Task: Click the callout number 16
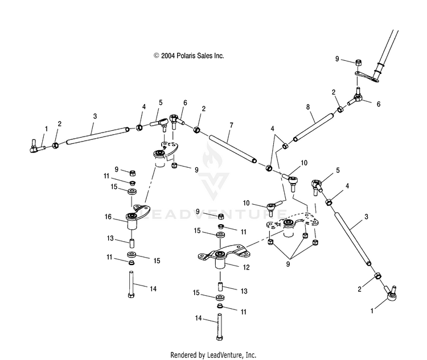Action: [108, 217]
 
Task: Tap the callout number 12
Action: [246, 267]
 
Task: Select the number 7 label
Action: [232, 125]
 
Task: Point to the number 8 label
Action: [308, 107]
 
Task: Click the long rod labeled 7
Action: [232, 149]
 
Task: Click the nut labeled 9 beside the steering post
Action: [359, 63]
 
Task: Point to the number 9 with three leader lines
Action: [288, 264]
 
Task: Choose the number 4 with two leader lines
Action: [272, 129]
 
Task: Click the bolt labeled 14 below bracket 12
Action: [220, 327]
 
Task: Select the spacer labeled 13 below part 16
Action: [132, 243]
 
